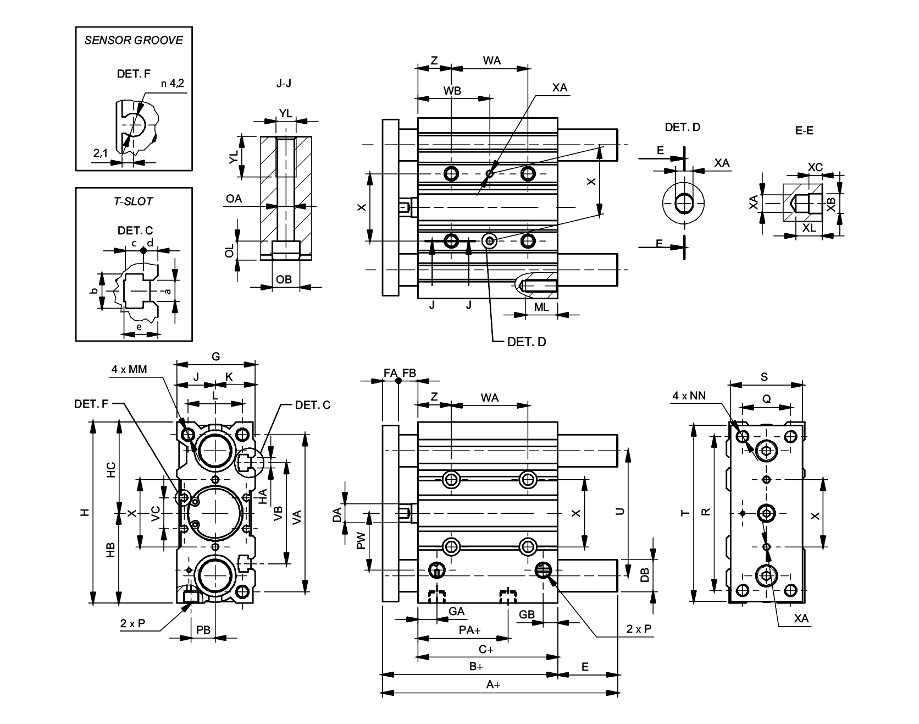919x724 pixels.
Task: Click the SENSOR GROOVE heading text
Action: pos(134,40)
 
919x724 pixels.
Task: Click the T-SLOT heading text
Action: pos(134,201)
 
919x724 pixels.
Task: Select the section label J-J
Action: pos(284,84)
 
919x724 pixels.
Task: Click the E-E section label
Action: pos(804,130)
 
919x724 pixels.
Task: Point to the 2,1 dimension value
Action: pos(100,153)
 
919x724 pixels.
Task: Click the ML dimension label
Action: pos(541,307)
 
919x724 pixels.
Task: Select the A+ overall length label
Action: pos(493,685)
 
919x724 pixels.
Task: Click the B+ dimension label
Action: pos(476,666)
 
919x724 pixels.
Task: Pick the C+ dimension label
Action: pos(486,649)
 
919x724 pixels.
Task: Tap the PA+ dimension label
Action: pos(470,630)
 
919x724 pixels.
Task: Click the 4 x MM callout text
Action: pos(129,369)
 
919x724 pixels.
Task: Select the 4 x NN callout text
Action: pos(689,395)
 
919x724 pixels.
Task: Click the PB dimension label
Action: pos(203,630)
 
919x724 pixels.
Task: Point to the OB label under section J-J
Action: pos(284,279)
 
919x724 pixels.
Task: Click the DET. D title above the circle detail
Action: pos(683,127)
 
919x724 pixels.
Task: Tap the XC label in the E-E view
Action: pos(815,167)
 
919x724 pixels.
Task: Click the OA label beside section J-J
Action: pos(234,199)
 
